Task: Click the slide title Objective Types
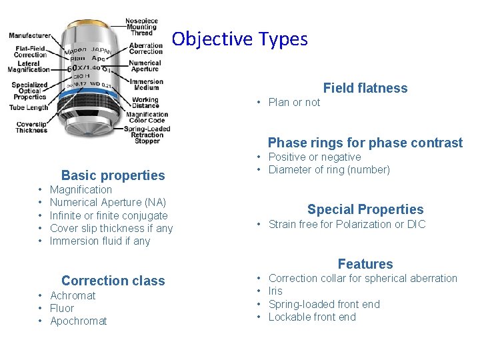[x=240, y=39]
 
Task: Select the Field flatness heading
[x=365, y=88]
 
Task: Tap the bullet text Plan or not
[x=294, y=102]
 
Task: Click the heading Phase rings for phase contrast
[x=365, y=143]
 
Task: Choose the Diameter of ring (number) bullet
[x=329, y=169]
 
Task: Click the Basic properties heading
[x=113, y=175]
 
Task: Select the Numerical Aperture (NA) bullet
[x=107, y=202]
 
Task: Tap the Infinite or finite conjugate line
[x=109, y=215]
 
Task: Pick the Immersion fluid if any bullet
[x=100, y=241]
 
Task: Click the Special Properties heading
[x=365, y=209]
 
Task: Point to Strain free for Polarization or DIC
[x=346, y=224]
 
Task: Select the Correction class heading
[x=113, y=281]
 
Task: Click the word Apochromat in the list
[x=78, y=321]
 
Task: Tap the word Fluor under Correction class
[x=62, y=308]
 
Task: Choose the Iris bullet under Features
[x=275, y=291]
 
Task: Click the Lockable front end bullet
[x=312, y=317]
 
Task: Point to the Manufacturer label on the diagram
[x=29, y=35]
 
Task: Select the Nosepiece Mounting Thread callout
[x=141, y=27]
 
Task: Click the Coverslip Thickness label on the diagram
[x=32, y=127]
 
